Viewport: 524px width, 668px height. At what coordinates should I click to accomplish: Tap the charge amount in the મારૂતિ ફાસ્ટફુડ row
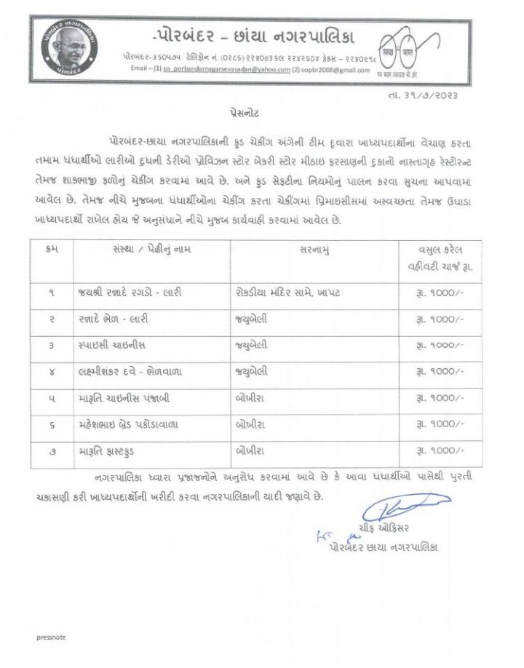pyautogui.click(x=440, y=451)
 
